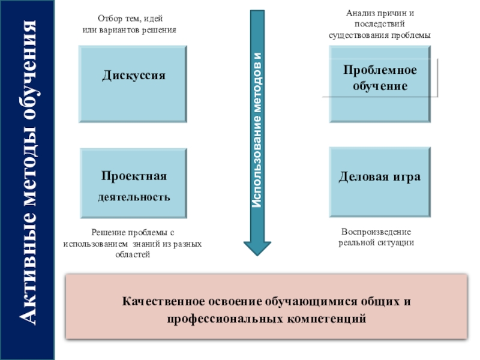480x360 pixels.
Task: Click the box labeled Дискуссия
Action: point(133,83)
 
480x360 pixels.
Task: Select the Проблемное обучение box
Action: point(380,83)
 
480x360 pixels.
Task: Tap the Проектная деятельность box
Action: point(133,183)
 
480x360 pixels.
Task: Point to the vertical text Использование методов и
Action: point(257,130)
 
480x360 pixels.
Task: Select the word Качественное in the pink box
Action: point(161,301)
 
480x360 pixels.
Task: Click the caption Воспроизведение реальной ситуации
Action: point(376,237)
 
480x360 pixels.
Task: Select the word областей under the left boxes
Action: point(133,254)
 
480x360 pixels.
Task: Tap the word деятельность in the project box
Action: point(134,197)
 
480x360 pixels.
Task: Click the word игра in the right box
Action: point(406,177)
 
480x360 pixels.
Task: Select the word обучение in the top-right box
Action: point(380,86)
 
